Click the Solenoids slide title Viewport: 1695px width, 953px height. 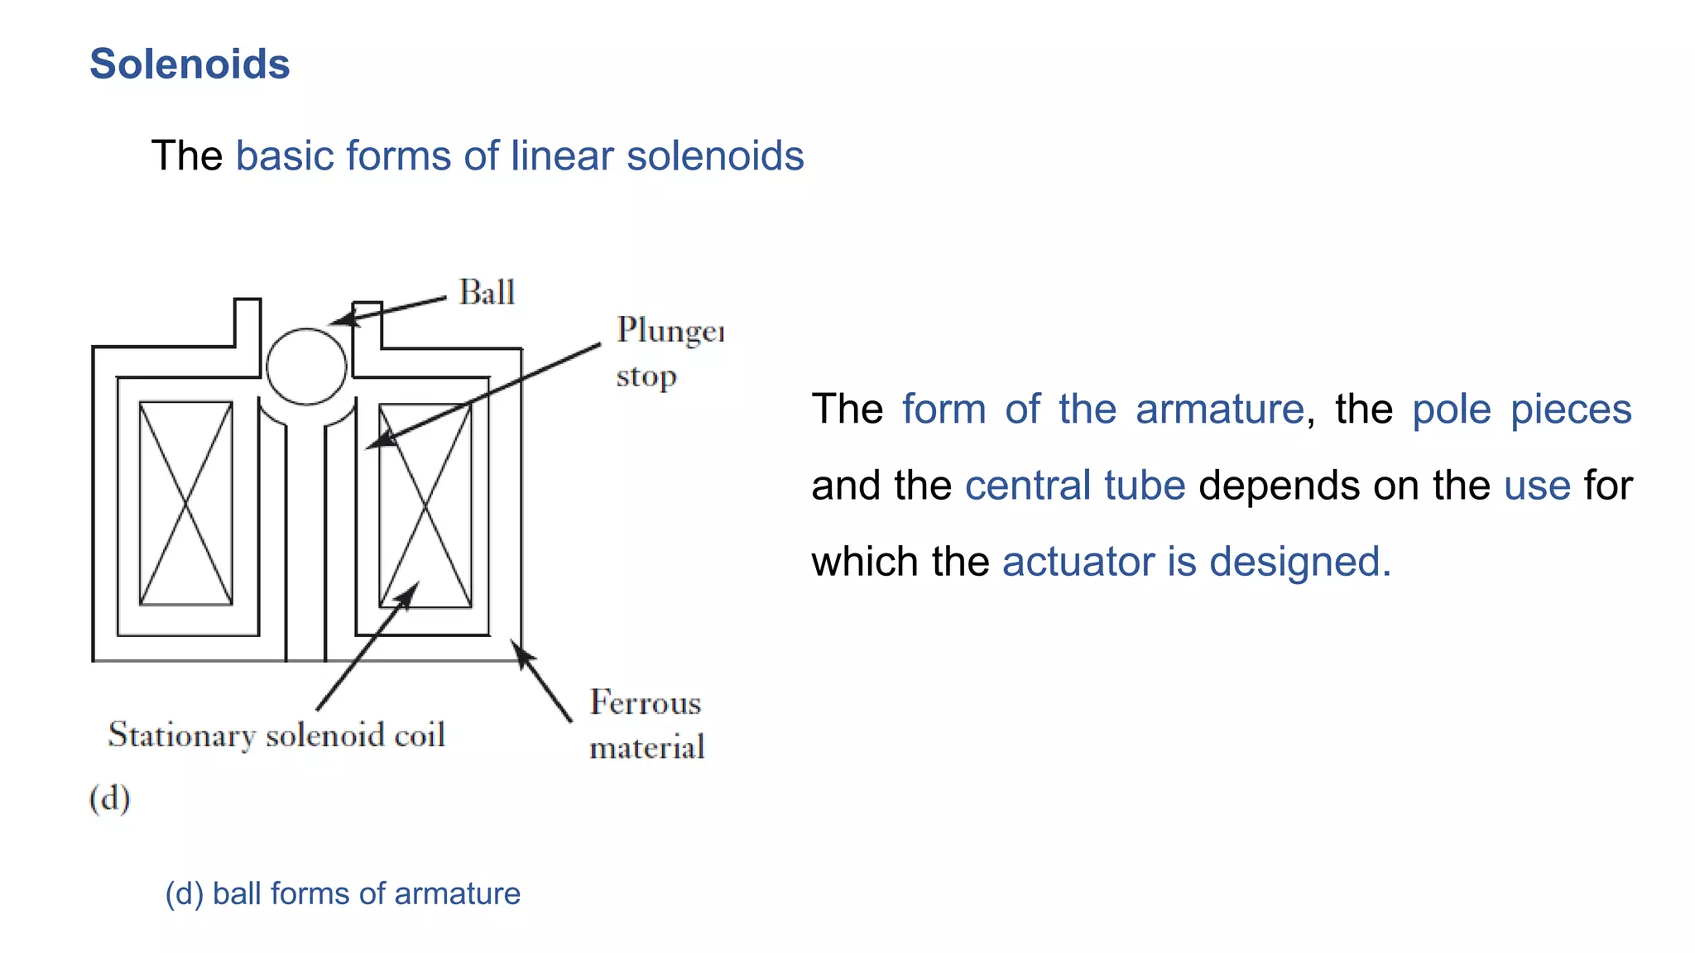coord(190,65)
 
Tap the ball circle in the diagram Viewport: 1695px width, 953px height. coord(306,366)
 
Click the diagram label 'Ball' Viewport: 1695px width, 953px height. coord(487,293)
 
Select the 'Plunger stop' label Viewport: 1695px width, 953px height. coord(669,352)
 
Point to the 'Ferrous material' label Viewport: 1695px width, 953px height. coord(646,725)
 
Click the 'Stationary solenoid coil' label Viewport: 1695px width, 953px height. coord(276,735)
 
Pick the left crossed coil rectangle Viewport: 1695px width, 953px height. coord(185,503)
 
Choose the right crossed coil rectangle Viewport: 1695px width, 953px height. coord(425,505)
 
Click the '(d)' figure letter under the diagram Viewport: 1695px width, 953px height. coord(109,798)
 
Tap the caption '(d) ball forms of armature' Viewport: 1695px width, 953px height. coord(343,894)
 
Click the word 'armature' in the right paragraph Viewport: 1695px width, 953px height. coord(1220,409)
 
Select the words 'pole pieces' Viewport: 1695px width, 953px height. coord(1521,409)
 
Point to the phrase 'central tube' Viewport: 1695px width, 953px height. coord(1074,486)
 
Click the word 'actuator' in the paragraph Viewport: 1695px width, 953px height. coord(1078,562)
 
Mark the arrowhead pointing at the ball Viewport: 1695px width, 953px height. coord(342,319)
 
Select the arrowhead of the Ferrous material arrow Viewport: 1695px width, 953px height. coord(521,652)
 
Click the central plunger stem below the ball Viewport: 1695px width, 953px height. coord(305,538)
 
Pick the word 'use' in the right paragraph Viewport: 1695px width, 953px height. coord(1537,486)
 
